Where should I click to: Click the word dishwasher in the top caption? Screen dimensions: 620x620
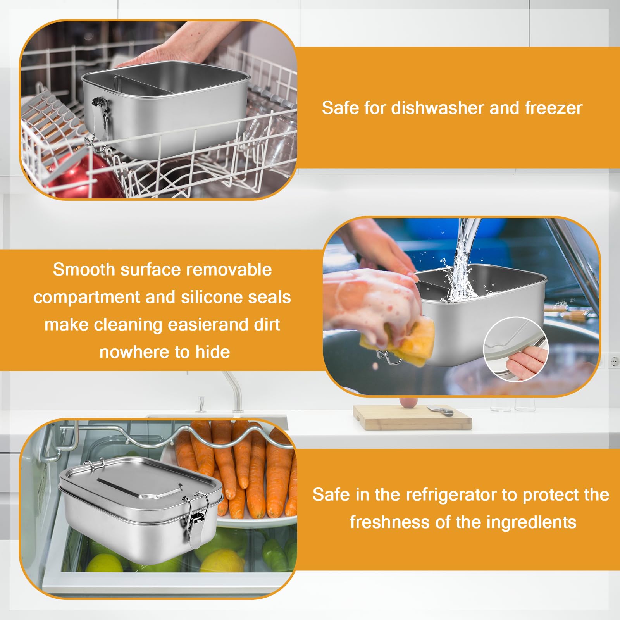pyautogui.click(x=437, y=108)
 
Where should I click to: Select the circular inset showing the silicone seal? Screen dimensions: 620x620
pyautogui.click(x=516, y=349)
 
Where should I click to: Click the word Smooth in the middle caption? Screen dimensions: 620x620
pyautogui.click(x=84, y=270)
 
